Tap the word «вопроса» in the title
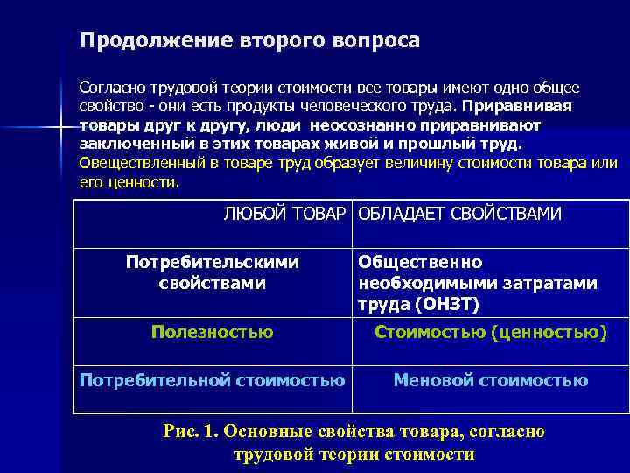(x=377, y=41)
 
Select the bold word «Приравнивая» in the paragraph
(x=518, y=107)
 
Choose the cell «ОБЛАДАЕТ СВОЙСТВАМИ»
(x=460, y=214)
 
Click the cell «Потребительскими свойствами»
(x=213, y=272)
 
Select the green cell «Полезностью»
(x=213, y=332)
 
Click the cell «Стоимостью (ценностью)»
(x=491, y=332)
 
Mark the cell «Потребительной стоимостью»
(x=213, y=380)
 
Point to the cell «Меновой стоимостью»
(x=491, y=380)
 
